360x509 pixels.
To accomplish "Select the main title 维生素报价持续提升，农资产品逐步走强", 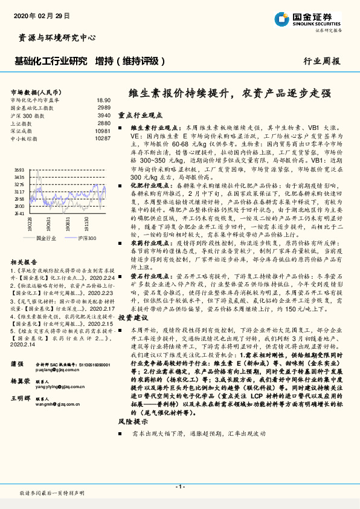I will coord(231,93).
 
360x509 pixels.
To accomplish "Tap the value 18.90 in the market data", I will coord(103,100).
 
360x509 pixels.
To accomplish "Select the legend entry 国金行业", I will coord(45,238).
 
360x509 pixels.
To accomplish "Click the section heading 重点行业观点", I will coord(140,114).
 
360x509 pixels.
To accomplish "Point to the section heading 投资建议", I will coord(132,317).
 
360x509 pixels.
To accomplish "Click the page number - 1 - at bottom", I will coord(179,486).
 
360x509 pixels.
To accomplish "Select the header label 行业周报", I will coord(322,61).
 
